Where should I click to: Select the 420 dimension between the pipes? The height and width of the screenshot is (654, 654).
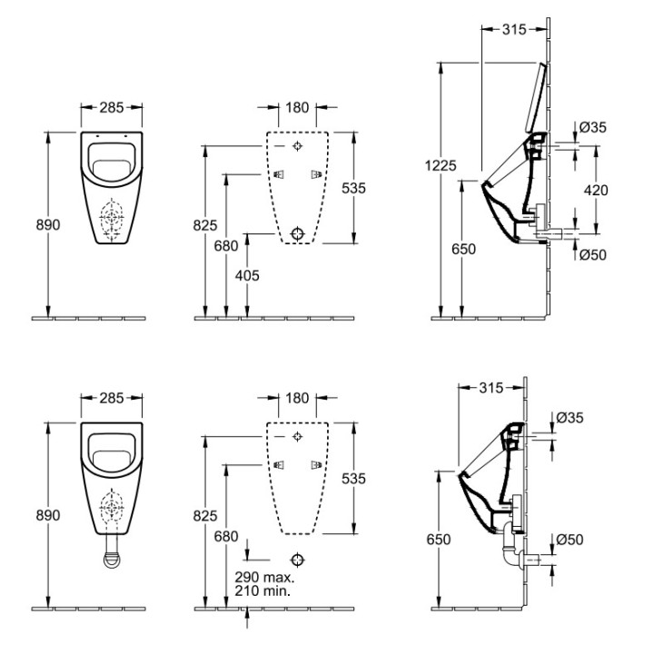596,191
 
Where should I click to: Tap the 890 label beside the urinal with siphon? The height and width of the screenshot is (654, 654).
48,515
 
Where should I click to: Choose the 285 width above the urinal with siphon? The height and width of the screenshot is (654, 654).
112,398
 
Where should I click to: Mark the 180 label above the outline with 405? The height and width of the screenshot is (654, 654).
297,108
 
